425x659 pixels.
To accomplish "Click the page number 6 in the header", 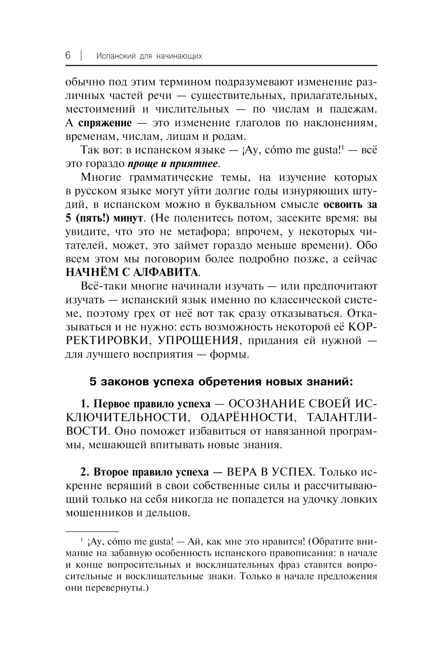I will click(x=68, y=56).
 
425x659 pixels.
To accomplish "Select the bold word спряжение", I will click(x=105, y=123).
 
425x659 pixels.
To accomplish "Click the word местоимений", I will click(x=100, y=110).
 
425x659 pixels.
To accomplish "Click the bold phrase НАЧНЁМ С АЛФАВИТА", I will click(x=132, y=273).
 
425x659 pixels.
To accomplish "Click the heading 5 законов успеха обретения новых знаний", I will click(x=221, y=382).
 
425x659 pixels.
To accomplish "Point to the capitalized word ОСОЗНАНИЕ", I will click(x=264, y=403).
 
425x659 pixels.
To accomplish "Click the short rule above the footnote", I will click(x=92, y=531).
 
